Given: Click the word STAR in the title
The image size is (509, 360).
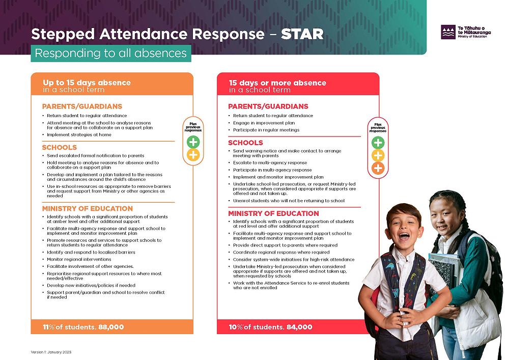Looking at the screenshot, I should (x=302, y=34).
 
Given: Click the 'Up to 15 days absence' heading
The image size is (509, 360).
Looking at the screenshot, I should (x=87, y=82).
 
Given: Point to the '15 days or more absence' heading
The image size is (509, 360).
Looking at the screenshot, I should (x=277, y=82).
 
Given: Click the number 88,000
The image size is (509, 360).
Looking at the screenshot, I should (x=109, y=327).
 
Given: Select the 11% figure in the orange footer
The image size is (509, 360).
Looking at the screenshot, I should (x=49, y=327).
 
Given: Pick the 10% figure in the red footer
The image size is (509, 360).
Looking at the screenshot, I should (x=236, y=327).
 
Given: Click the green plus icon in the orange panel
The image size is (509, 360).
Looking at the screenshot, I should (x=193, y=142).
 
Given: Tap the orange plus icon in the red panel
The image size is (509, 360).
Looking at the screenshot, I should (x=378, y=169).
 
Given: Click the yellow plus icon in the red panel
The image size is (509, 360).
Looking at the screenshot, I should (x=378, y=155).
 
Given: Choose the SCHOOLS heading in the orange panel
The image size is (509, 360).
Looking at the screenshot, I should (x=59, y=147).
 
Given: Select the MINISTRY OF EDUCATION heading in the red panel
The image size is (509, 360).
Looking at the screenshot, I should (x=273, y=213).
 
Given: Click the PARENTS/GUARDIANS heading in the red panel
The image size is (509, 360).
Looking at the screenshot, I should (x=268, y=106).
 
